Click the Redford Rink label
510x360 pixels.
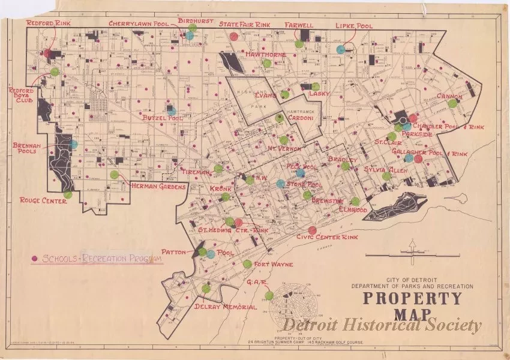point(49,23)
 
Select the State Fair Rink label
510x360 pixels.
point(244,25)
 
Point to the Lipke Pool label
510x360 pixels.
point(354,26)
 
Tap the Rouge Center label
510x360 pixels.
point(43,200)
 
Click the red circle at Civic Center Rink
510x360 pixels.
point(312,230)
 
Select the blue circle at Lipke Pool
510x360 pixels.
point(341,49)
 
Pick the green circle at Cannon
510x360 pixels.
point(452,103)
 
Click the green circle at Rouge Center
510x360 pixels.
point(68,194)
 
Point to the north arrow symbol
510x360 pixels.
point(412,247)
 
